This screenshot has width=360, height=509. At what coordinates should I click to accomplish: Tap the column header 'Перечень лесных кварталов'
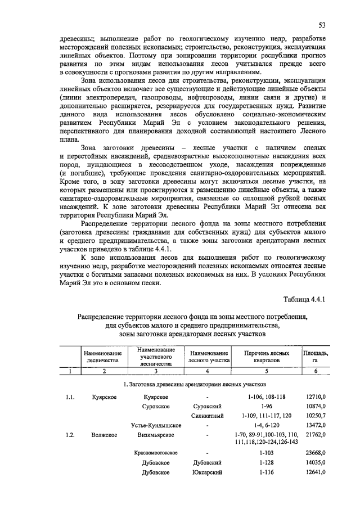[267, 356]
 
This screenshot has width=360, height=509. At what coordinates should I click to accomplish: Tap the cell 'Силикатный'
[208, 416]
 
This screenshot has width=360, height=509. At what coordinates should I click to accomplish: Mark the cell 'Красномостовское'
[156, 452]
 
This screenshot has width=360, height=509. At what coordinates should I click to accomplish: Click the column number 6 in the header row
[316, 371]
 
